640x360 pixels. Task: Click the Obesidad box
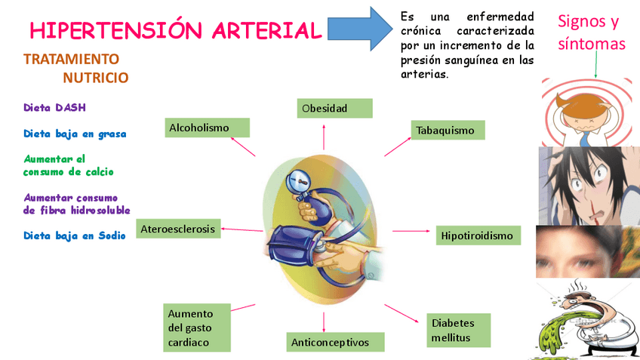click(335, 108)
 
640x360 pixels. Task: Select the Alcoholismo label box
click(208, 128)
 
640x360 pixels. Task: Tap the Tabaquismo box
click(448, 130)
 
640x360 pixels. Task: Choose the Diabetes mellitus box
click(458, 330)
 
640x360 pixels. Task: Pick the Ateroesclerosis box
click(178, 229)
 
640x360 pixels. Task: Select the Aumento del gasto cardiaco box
click(197, 328)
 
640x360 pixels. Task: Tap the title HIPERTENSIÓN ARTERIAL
click(175, 31)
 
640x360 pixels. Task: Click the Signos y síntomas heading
click(592, 32)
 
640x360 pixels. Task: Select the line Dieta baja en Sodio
click(74, 235)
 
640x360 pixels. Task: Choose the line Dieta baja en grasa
click(75, 134)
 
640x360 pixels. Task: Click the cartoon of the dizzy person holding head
click(585, 111)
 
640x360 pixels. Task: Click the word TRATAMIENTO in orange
click(71, 59)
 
